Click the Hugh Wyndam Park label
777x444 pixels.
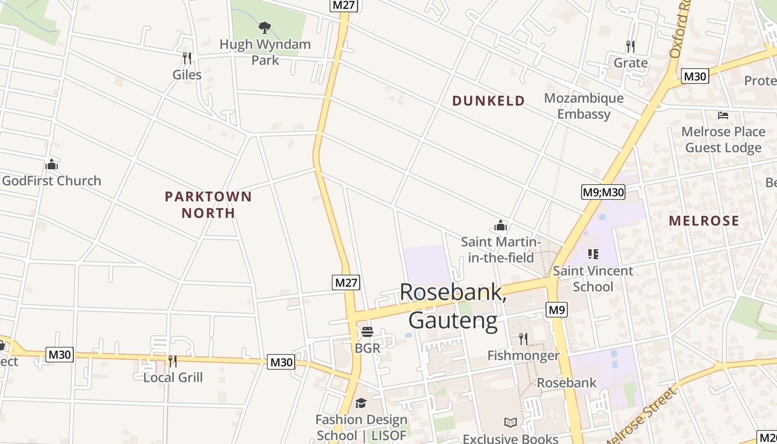(265, 52)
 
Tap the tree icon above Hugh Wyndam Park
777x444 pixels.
(265, 27)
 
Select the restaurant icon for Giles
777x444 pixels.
(187, 58)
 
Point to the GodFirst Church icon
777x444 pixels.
(52, 164)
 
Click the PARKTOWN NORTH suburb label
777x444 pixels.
(208, 204)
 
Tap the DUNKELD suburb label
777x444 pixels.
(488, 100)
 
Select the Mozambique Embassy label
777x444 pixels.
(584, 106)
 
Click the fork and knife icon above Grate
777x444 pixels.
(630, 46)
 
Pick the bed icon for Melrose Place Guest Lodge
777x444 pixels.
(723, 115)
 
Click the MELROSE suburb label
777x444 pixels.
(704, 220)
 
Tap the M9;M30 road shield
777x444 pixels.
(603, 192)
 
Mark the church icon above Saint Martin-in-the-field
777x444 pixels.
(501, 225)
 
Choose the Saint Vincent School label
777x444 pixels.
(593, 279)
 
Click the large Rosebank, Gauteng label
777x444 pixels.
(453, 306)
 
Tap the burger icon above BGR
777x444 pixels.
(367, 332)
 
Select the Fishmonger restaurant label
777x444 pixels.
(523, 355)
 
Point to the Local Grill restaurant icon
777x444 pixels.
(173, 361)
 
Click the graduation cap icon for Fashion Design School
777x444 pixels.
(361, 403)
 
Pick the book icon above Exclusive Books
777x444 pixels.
(510, 422)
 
